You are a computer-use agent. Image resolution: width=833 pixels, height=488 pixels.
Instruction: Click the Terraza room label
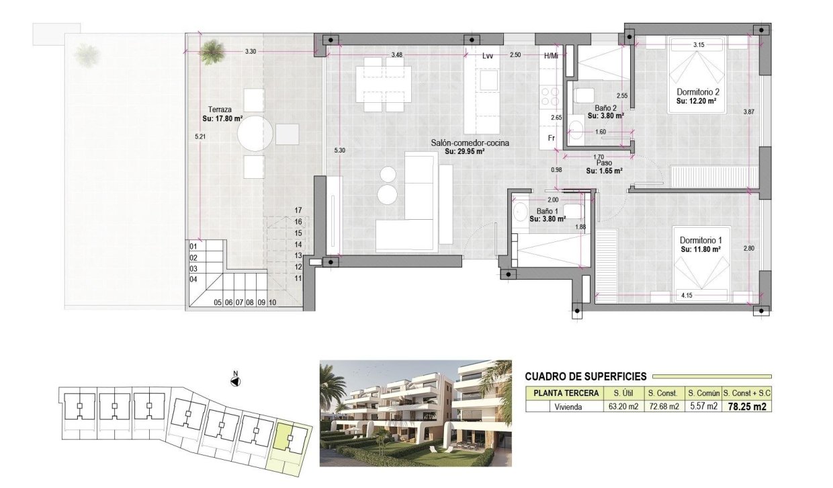click(220, 109)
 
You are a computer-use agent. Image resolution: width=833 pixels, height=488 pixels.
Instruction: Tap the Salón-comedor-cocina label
click(470, 143)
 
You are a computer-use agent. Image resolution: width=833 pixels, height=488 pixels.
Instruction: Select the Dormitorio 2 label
click(698, 92)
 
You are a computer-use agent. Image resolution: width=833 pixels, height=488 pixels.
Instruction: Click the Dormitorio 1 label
click(701, 240)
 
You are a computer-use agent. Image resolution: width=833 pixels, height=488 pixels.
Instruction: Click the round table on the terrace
click(255, 134)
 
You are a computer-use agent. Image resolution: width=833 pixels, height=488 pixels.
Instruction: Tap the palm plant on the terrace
click(212, 51)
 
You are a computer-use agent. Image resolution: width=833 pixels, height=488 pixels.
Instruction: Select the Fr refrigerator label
click(550, 138)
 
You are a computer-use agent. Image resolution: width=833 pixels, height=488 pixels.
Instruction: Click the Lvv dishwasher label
click(488, 56)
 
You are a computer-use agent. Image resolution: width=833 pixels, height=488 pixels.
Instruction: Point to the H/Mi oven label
click(551, 56)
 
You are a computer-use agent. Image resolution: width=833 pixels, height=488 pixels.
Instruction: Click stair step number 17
click(298, 210)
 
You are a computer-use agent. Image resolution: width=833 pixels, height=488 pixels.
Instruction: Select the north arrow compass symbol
click(235, 381)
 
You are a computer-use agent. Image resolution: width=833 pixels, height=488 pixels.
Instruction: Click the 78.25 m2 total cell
click(747, 406)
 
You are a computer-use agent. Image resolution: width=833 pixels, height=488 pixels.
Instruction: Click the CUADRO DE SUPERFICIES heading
click(585, 376)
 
